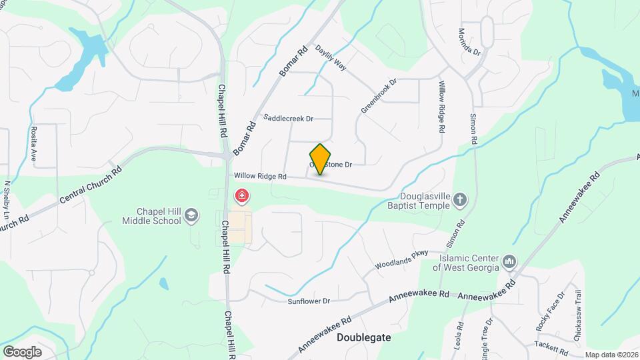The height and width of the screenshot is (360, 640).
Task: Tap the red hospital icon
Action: (x=242, y=197)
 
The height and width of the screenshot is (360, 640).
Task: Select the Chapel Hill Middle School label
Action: (x=152, y=215)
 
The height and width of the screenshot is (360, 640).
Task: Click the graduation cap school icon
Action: (x=191, y=215)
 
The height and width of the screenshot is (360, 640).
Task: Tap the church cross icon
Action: (x=460, y=199)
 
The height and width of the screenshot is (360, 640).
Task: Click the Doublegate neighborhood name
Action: (x=363, y=337)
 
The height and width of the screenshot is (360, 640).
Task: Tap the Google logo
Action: (x=22, y=351)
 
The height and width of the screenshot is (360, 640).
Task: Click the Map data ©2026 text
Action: (x=611, y=355)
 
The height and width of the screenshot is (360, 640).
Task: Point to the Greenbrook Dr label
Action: (x=379, y=96)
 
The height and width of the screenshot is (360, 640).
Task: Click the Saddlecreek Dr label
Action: (x=288, y=119)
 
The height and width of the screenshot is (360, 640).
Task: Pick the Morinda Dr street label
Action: (x=469, y=41)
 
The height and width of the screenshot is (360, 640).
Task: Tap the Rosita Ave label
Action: (x=33, y=139)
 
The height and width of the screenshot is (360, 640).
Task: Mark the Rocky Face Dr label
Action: (x=550, y=311)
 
